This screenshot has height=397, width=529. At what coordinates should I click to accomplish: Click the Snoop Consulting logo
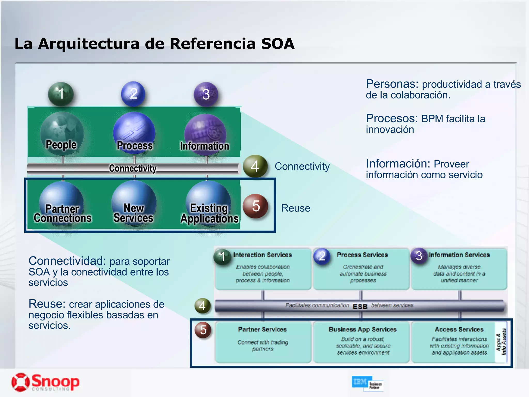click(x=45, y=382)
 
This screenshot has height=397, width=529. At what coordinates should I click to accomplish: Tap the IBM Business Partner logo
click(x=367, y=383)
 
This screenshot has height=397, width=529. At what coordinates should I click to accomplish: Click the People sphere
click(x=62, y=133)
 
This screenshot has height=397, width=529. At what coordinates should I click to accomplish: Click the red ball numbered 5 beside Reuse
click(x=255, y=206)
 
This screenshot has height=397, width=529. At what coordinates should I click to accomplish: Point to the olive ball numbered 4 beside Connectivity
click(x=255, y=166)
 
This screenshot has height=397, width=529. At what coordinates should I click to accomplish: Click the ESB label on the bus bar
click(x=360, y=307)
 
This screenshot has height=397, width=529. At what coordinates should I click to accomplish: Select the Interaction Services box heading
click(x=262, y=255)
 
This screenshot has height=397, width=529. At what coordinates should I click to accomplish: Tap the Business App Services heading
click(x=362, y=329)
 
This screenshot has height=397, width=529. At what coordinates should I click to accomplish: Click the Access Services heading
click(x=459, y=329)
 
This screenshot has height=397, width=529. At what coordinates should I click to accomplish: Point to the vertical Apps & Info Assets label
click(x=501, y=342)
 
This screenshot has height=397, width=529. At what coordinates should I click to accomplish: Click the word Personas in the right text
click(x=392, y=84)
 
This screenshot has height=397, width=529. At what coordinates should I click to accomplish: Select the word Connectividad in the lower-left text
click(x=67, y=261)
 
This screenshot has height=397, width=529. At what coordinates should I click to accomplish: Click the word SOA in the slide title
click(x=278, y=43)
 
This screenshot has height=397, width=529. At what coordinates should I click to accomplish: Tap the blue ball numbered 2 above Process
click(x=133, y=94)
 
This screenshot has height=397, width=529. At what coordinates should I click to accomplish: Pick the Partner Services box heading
click(x=262, y=329)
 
